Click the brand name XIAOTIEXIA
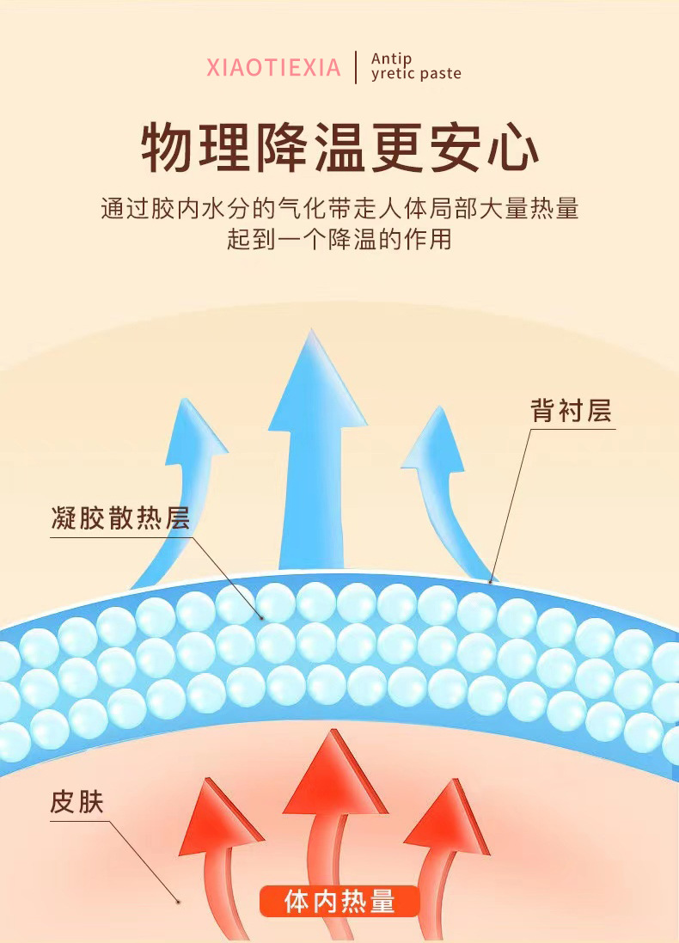(x=273, y=67)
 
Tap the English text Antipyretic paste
(x=415, y=66)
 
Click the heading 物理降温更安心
(x=339, y=148)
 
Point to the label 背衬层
(x=571, y=411)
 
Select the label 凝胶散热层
(x=120, y=518)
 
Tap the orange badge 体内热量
(x=339, y=901)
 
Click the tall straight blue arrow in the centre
(x=317, y=447)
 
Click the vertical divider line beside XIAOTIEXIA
(x=356, y=67)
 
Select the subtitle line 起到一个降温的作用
(x=339, y=239)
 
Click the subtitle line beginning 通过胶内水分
(x=339, y=209)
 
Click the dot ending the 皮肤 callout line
(x=178, y=901)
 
